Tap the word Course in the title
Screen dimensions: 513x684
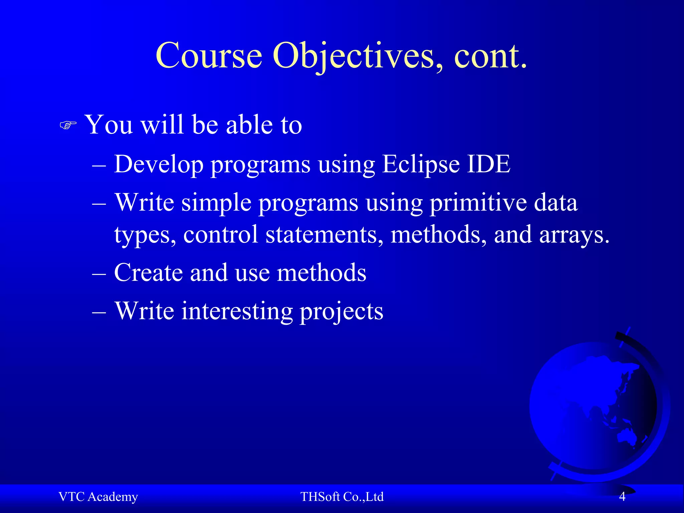click(209, 56)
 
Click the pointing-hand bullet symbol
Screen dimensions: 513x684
click(68, 126)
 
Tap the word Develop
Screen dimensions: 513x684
click(158, 164)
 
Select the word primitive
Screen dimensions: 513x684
click(478, 203)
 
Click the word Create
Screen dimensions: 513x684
click(148, 273)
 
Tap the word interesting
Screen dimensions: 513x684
click(237, 311)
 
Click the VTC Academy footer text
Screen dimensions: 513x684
click(98, 497)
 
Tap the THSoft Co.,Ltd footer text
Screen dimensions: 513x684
click(342, 497)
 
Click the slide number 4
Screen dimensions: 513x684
click(622, 497)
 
